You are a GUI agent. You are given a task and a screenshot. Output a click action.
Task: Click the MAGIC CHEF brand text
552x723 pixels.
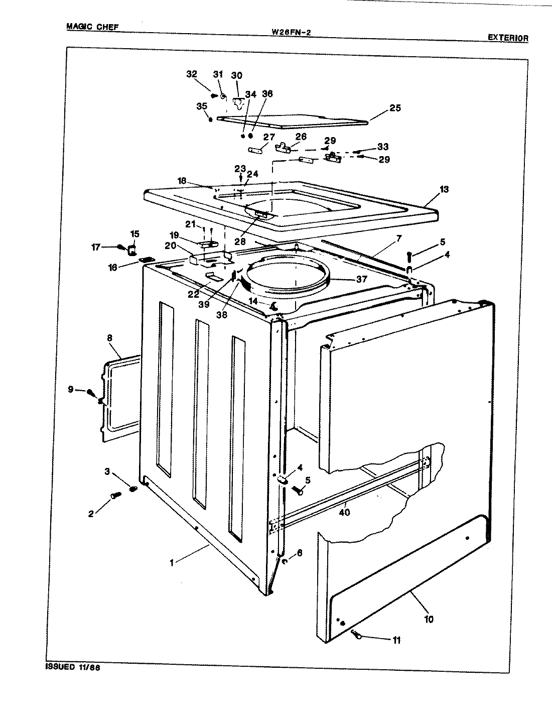click(92, 27)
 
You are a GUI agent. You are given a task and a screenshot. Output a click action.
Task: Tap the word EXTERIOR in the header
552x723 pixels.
click(507, 38)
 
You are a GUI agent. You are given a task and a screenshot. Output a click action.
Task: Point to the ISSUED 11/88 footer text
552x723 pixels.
click(73, 667)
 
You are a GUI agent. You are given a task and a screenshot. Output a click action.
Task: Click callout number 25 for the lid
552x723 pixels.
click(395, 108)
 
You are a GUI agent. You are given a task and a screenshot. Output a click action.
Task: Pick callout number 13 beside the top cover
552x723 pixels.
click(444, 189)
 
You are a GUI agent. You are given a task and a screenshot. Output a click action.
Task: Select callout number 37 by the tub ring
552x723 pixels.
click(361, 279)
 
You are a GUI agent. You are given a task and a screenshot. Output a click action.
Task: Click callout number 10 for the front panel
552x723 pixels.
click(428, 619)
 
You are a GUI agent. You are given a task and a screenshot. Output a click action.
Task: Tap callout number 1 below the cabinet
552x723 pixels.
click(172, 563)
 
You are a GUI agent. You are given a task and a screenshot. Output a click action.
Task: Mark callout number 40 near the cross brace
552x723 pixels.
click(344, 513)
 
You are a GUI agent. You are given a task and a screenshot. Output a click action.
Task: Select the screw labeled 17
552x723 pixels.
click(121, 247)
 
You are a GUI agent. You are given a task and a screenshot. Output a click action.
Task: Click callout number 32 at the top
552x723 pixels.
click(191, 74)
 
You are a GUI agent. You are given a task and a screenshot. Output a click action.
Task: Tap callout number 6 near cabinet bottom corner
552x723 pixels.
click(300, 552)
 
